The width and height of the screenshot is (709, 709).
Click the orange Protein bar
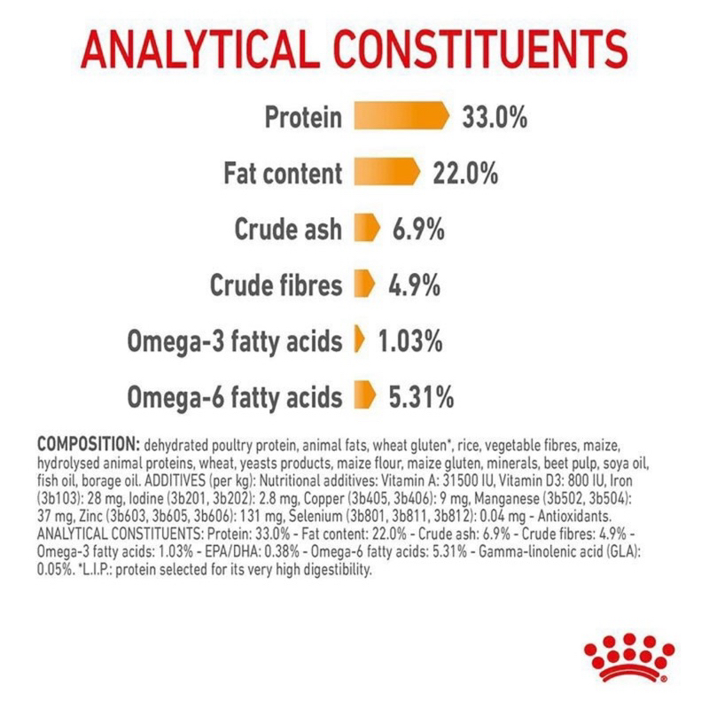(x=401, y=116)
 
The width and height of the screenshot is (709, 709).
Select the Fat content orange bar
(x=387, y=171)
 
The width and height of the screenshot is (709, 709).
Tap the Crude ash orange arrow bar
(x=367, y=228)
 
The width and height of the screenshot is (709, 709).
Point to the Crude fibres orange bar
(x=365, y=284)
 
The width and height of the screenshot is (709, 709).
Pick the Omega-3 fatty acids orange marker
(x=360, y=339)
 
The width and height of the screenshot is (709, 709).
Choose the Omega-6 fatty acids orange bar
(x=365, y=395)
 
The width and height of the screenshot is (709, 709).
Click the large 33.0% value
(x=495, y=117)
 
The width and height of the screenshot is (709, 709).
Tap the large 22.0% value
(x=466, y=173)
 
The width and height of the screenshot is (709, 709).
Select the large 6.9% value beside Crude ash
(x=418, y=230)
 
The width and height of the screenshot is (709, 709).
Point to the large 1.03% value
(x=410, y=341)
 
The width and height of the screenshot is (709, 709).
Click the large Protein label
(x=303, y=117)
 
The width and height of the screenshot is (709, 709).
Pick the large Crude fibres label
(x=277, y=285)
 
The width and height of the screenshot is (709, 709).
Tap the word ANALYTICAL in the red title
(x=198, y=49)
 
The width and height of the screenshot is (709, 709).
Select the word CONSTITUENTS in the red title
(x=480, y=49)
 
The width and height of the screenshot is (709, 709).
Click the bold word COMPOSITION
(x=89, y=445)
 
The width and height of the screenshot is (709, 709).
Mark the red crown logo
(x=629, y=657)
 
